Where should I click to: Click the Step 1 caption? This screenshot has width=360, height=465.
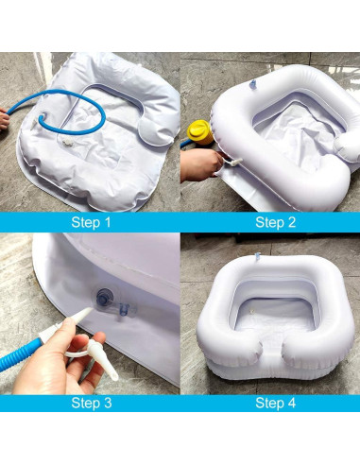(91, 223)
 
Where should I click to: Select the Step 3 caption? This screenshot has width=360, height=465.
(91, 402)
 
